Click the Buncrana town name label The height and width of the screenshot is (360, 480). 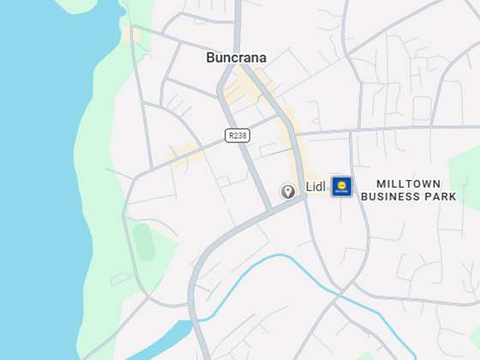click(236, 58)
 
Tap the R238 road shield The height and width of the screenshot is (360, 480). click(237, 135)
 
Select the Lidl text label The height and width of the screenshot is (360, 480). click(315, 187)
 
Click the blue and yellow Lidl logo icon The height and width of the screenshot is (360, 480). click(342, 186)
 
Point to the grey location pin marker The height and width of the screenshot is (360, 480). click(288, 191)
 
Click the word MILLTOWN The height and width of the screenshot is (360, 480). click(408, 184)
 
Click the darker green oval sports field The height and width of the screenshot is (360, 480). click(143, 242)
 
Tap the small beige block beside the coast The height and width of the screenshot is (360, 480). click(131, 34)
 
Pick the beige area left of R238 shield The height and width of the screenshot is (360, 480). click(184, 156)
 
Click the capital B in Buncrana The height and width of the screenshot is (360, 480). click(211, 58)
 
